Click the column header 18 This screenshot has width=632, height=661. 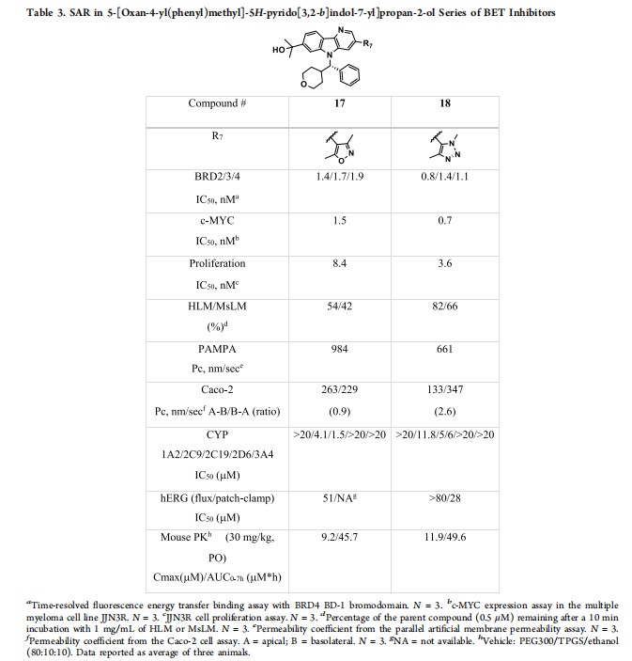445,103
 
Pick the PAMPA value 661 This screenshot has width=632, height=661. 445,348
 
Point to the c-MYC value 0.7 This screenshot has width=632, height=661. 445,221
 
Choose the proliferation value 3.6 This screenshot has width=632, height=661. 445,263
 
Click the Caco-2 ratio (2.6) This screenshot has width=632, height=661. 445,412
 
